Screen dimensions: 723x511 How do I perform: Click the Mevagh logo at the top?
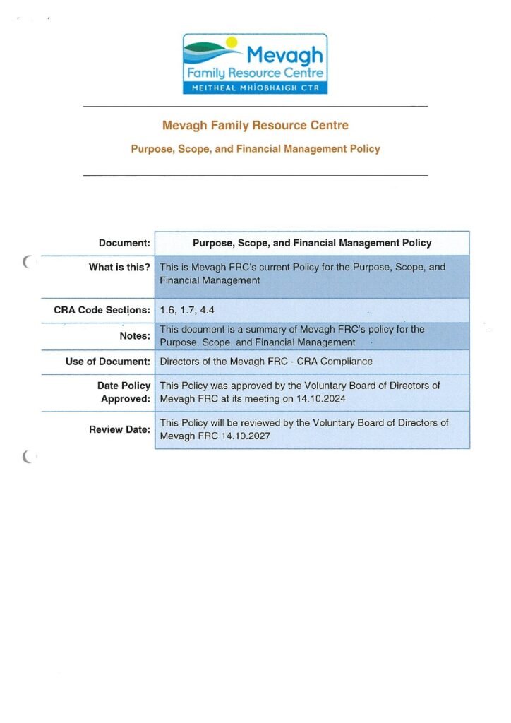(x=255, y=64)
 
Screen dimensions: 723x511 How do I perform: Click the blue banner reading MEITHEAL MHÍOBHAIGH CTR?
(x=255, y=88)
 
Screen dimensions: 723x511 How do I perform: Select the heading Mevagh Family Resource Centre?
(x=255, y=126)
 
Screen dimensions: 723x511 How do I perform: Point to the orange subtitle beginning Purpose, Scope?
(x=255, y=149)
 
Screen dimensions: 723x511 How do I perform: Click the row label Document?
(x=124, y=244)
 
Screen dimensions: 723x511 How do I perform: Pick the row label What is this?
(x=119, y=268)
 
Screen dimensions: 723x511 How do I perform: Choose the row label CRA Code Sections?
(x=102, y=311)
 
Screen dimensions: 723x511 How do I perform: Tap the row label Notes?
(x=135, y=336)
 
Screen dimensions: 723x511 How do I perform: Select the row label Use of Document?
(x=108, y=361)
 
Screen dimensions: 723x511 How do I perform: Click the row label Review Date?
(x=119, y=429)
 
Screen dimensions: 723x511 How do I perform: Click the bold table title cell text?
(x=311, y=244)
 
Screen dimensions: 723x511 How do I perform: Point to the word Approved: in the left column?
(x=128, y=398)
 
